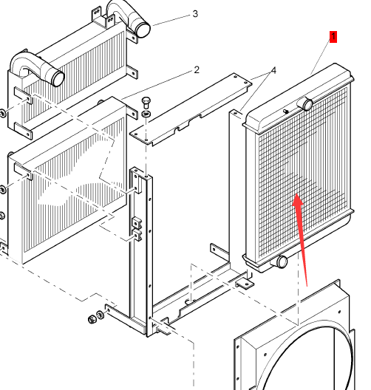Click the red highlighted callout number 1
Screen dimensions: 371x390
pyautogui.click(x=333, y=37)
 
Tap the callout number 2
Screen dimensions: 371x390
pyautogui.click(x=197, y=70)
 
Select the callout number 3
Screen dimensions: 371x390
pyautogui.click(x=195, y=14)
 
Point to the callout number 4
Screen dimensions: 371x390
pyautogui.click(x=273, y=71)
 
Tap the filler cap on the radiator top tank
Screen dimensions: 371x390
pyautogui.click(x=307, y=104)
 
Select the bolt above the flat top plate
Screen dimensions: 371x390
pyautogui.click(x=146, y=103)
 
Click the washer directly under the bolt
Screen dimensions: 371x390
pyautogui.click(x=146, y=114)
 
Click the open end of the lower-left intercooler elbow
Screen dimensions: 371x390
pyautogui.click(x=58, y=78)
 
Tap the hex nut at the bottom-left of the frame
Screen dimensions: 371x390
pyautogui.click(x=92, y=319)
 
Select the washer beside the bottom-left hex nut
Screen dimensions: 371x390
pyautogui.click(x=100, y=315)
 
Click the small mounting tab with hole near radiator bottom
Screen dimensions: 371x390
pyautogui.click(x=245, y=284)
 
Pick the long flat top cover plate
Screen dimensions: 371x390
pyautogui.click(x=191, y=109)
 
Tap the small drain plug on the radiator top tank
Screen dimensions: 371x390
pyautogui.click(x=286, y=112)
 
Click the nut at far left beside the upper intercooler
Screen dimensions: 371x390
pyautogui.click(x=3, y=114)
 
